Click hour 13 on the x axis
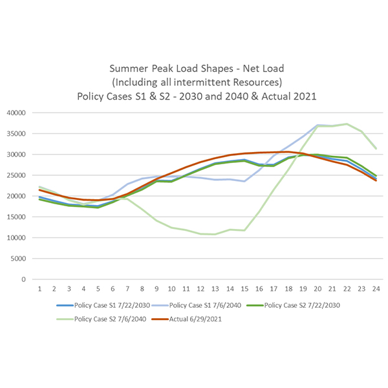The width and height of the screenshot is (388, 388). pyautogui.click(x=215, y=289)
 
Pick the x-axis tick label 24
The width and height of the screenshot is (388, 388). pyautogui.click(x=375, y=289)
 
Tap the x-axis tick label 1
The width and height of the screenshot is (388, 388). pyautogui.click(x=40, y=289)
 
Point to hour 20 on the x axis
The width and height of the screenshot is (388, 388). pyautogui.click(x=317, y=289)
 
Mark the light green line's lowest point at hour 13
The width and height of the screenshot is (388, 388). pyautogui.click(x=215, y=234)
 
